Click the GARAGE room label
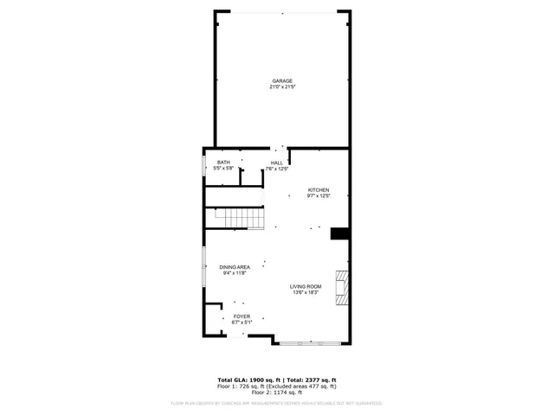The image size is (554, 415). (x=282, y=80)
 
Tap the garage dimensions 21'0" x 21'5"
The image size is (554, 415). (x=282, y=86)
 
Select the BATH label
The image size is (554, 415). (x=223, y=163)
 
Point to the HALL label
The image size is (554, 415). (x=277, y=163)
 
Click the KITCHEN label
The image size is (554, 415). (x=319, y=190)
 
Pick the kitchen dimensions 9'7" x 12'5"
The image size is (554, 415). (x=319, y=196)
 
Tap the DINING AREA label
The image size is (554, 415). (x=235, y=267)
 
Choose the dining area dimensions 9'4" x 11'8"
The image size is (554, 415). (x=235, y=273)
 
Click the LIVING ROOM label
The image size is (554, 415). (x=306, y=286)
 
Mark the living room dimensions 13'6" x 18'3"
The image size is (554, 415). (x=306, y=292)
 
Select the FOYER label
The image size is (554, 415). (x=242, y=317)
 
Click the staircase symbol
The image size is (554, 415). (x=234, y=218)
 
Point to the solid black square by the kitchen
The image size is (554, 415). (x=340, y=233)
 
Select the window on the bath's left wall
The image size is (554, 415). (x=204, y=166)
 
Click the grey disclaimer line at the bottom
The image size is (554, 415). (x=277, y=403)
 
